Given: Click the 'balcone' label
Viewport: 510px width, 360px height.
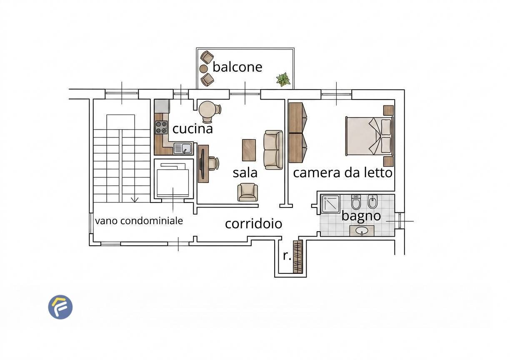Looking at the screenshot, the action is [237, 67].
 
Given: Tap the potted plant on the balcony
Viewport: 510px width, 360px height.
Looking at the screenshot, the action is [283, 80].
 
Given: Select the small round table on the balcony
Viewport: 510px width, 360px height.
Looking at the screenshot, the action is [204, 68].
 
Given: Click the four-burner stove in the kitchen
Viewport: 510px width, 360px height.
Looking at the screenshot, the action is [161, 127].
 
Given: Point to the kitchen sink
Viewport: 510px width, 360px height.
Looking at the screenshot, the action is [183, 148].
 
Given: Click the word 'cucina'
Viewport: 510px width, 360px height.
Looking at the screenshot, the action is [192, 129].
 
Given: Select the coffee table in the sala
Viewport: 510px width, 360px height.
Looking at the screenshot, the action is [249, 150].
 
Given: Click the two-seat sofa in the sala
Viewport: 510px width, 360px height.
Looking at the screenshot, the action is [273, 150].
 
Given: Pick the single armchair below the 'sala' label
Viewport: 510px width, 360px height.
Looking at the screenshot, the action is [248, 192].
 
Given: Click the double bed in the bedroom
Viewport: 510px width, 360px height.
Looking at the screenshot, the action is [370, 136].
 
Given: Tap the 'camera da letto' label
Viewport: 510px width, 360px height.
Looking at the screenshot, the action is [342, 173].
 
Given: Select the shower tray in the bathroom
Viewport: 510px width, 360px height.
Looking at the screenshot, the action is [330, 204].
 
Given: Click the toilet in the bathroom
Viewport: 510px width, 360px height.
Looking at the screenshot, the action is [356, 202].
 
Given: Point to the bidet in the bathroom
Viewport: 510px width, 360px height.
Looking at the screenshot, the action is [372, 201].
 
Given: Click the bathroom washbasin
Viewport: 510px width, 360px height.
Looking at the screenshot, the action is [362, 231].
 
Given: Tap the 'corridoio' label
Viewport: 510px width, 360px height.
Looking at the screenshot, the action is [254, 224].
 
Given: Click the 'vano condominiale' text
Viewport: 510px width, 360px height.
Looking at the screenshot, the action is [139, 221].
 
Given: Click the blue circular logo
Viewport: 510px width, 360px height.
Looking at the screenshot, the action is [60, 307].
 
